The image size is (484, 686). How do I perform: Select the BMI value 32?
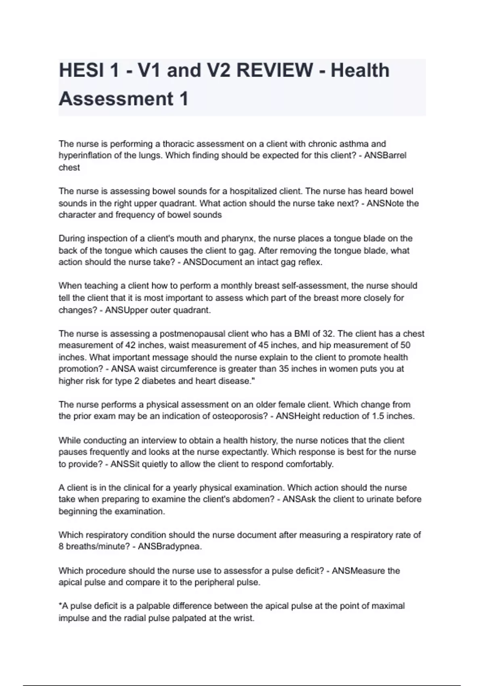(x=328, y=334)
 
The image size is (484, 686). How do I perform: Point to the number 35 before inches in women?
(x=284, y=369)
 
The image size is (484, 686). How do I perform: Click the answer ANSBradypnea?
(x=169, y=547)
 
